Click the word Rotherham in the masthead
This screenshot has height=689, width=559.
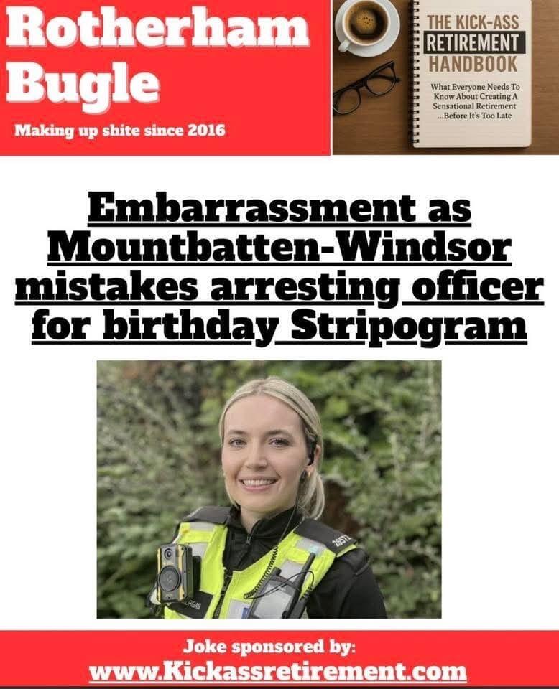pos(161,32)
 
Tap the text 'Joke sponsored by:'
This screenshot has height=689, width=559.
pos(279,647)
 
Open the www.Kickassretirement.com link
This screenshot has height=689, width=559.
pos(279,672)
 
